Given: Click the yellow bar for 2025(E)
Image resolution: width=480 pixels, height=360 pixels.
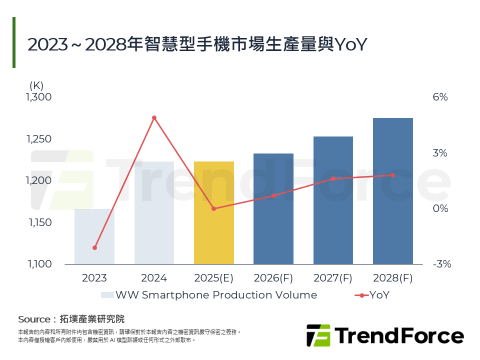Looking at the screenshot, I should pyautogui.click(x=213, y=212).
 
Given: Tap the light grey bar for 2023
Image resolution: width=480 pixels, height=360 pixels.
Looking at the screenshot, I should pyautogui.click(x=94, y=236).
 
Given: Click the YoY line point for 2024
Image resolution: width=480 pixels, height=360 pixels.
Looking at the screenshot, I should pyautogui.click(x=154, y=118).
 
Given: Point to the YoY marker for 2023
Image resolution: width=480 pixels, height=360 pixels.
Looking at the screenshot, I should pyautogui.click(x=94, y=247).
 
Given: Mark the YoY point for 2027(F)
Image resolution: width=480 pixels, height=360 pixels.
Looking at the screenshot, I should pyautogui.click(x=333, y=178).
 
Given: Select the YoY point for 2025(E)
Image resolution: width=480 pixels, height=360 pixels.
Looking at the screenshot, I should pyautogui.click(x=213, y=208).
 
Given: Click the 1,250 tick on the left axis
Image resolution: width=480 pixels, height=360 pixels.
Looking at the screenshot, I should pyautogui.click(x=38, y=139).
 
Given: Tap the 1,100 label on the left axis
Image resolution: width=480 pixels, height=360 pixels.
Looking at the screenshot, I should pyautogui.click(x=38, y=264).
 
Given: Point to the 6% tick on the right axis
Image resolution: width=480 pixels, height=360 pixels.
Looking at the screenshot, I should pyautogui.click(x=440, y=97).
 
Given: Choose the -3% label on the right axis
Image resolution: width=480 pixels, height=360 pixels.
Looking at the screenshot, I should pyautogui.click(x=441, y=264).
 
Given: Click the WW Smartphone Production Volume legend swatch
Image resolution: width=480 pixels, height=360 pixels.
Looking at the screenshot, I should pyautogui.click(x=107, y=295).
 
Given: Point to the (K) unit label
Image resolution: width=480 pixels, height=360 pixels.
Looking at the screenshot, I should pyautogui.click(x=37, y=85).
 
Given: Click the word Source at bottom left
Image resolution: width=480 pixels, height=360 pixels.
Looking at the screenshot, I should pyautogui.click(x=34, y=319).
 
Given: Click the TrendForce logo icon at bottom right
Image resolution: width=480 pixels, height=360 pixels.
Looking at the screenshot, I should pyautogui.click(x=318, y=335).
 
